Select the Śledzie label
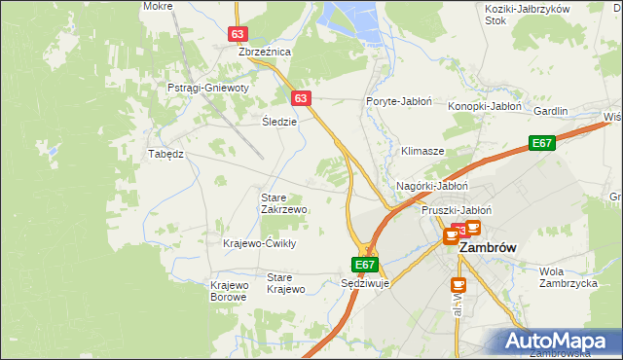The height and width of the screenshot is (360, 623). coord(279,122)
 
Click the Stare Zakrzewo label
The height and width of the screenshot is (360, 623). coord(284,203)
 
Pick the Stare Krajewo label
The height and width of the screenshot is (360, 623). coord(286,283)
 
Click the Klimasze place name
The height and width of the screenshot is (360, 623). coord(422,152)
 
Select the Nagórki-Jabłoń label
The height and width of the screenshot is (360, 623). coord(433,186)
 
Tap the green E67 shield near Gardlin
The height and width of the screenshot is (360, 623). coord(543,144)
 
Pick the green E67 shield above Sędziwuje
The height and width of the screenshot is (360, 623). coord(364,264)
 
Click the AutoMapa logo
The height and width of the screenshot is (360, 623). coord(558,341)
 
